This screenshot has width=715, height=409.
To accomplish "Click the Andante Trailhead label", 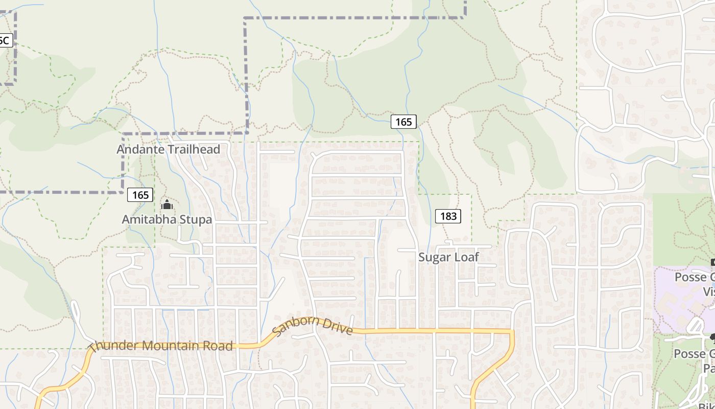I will point(168,149).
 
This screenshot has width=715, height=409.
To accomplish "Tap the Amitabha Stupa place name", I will point(166,219).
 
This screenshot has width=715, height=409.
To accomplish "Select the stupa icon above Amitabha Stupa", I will point(167,205).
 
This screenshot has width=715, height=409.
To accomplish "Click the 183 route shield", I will point(448,216).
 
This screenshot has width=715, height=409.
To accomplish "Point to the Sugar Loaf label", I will point(448,257).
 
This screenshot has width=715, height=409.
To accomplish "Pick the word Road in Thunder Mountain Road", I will point(221,346).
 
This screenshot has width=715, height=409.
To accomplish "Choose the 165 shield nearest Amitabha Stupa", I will point(140,195).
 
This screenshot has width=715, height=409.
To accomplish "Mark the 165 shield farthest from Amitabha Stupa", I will point(403,122).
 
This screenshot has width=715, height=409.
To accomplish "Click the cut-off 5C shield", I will point(5,40).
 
